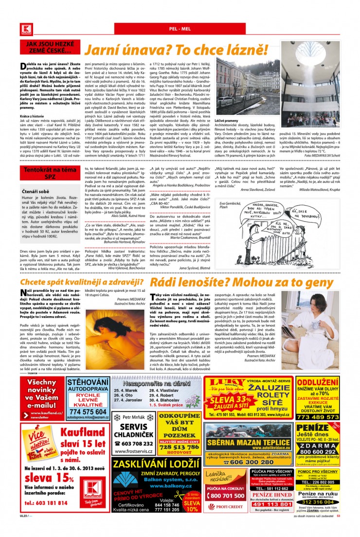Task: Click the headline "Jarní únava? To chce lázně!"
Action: (176, 50)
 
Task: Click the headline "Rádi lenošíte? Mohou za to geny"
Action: (241, 283)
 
